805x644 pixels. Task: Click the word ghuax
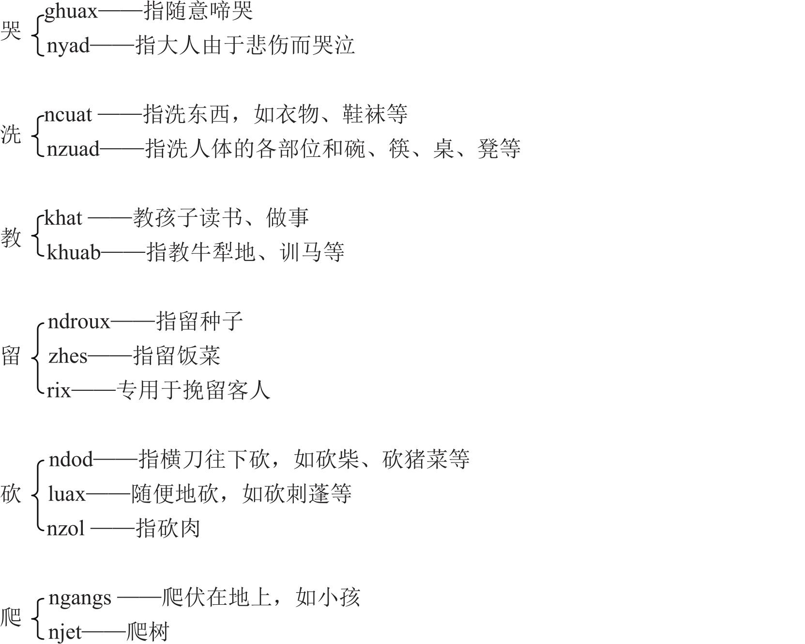(x=71, y=12)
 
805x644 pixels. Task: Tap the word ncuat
(x=68, y=115)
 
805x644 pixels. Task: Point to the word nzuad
(x=74, y=149)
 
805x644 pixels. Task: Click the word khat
(x=63, y=218)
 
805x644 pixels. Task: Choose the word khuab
(x=74, y=252)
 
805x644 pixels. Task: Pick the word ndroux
(x=79, y=322)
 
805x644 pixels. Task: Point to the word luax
(x=67, y=494)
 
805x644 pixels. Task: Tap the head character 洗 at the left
(x=11, y=134)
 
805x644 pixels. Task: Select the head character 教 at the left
(x=11, y=237)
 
